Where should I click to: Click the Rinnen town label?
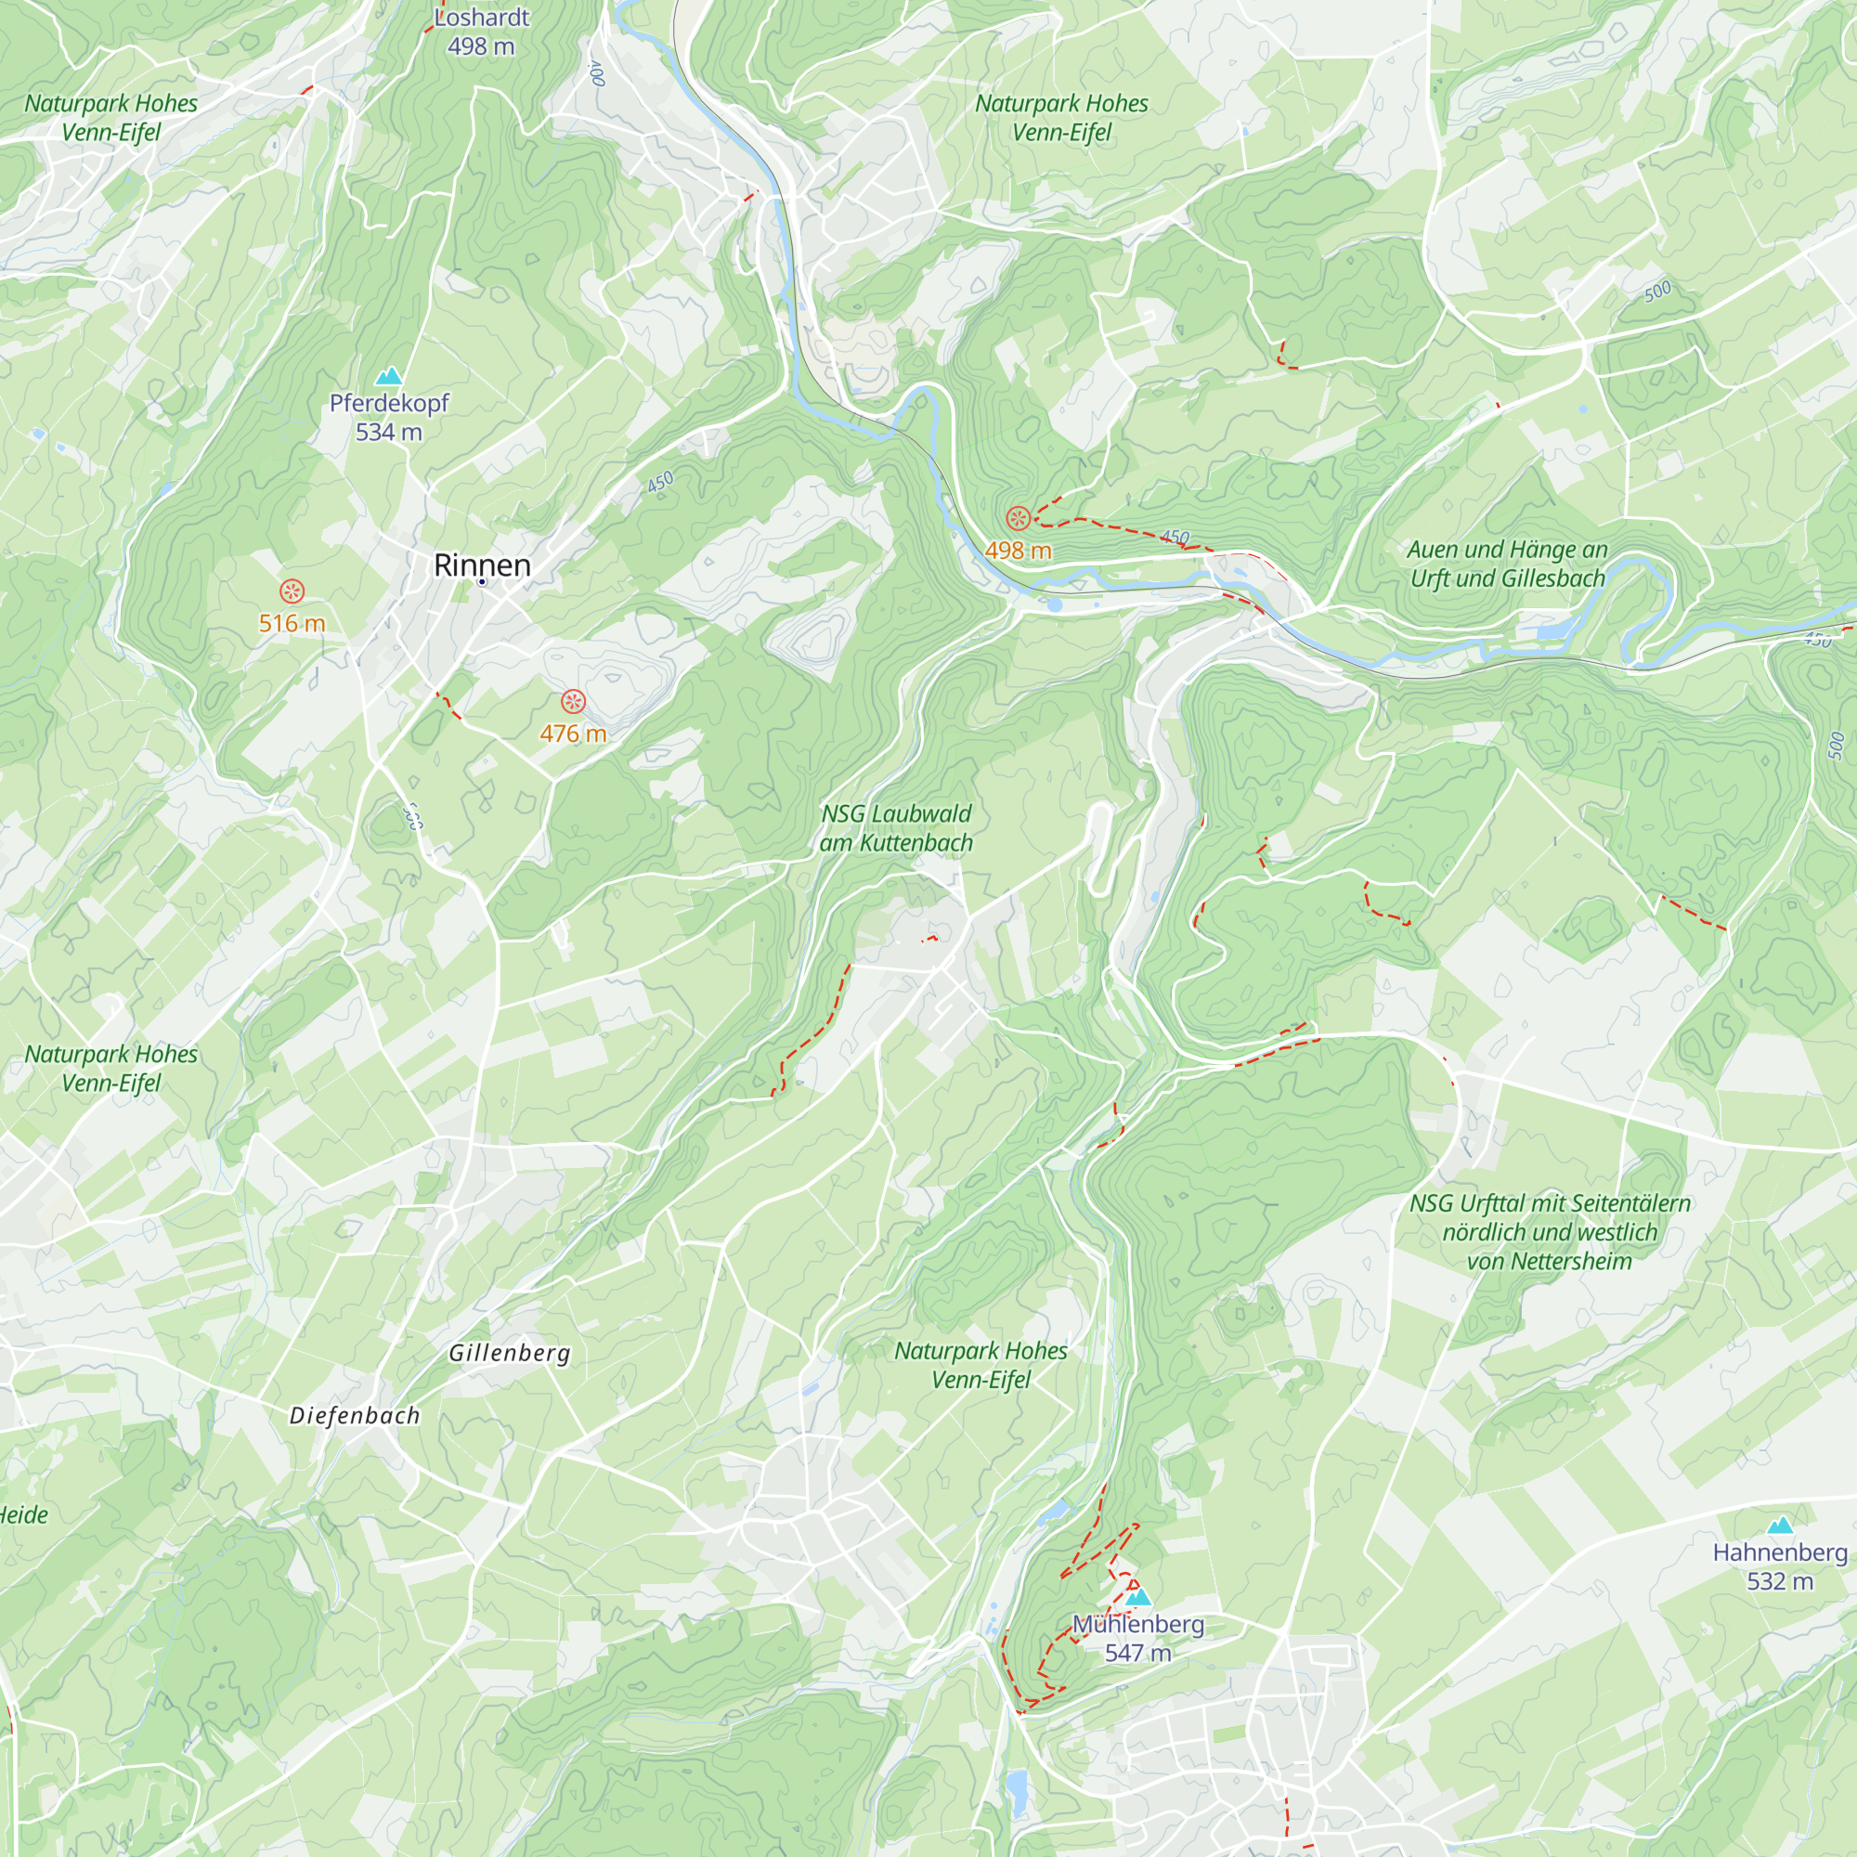pyautogui.click(x=482, y=565)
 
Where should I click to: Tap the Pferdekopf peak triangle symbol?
pyautogui.click(x=388, y=376)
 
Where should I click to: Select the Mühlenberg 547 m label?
pyautogui.click(x=1138, y=1638)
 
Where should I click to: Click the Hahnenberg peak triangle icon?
pyautogui.click(x=1780, y=1526)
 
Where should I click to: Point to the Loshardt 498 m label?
pyautogui.click(x=481, y=31)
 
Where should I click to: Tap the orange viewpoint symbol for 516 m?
pyautogui.click(x=292, y=591)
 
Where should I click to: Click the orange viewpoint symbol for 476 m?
pyautogui.click(x=573, y=701)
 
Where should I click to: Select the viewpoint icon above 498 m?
pyautogui.click(x=1018, y=519)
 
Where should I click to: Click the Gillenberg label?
pyautogui.click(x=510, y=1354)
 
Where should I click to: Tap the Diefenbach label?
pyautogui.click(x=355, y=1416)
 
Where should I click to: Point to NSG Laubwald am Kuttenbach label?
pyautogui.click(x=896, y=827)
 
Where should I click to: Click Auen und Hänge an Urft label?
pyautogui.click(x=1507, y=564)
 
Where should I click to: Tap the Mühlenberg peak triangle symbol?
pyautogui.click(x=1138, y=1597)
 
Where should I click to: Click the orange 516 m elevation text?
pyautogui.click(x=292, y=624)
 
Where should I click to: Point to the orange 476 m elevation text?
pyautogui.click(x=573, y=734)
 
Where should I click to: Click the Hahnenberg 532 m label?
pyautogui.click(x=1780, y=1566)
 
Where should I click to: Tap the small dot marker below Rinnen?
pyautogui.click(x=482, y=581)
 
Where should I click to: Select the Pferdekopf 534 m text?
pyautogui.click(x=388, y=417)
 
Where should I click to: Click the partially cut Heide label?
pyautogui.click(x=23, y=1516)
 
